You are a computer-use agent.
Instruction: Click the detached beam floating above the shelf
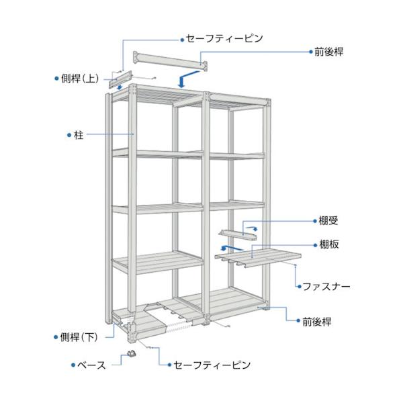point(171,59)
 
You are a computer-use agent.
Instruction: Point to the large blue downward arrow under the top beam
point(182,81)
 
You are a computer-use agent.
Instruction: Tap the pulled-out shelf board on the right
point(259,255)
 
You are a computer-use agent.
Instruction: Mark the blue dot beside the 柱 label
point(69,135)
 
